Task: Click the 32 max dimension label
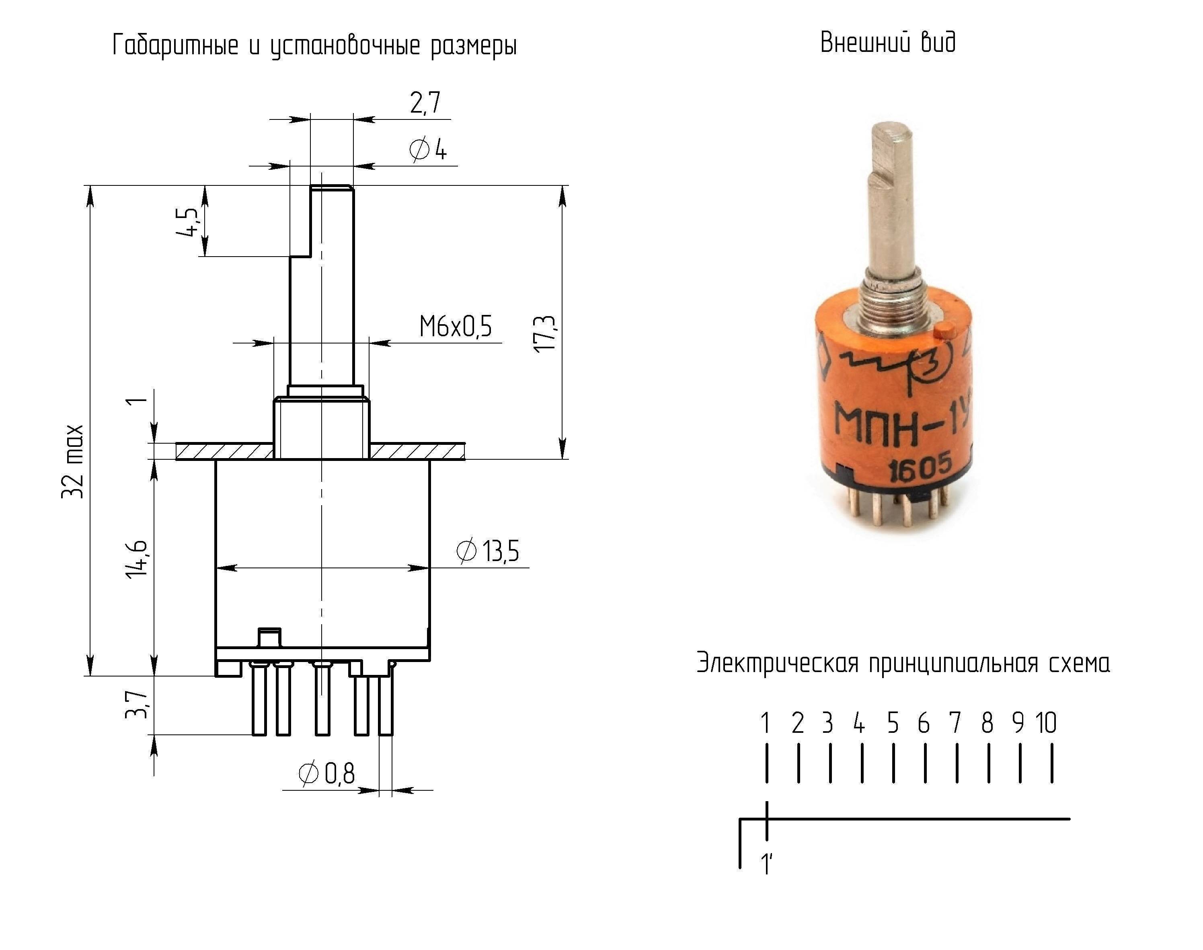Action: point(73,462)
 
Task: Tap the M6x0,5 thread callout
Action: point(455,327)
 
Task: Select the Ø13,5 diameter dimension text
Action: point(488,551)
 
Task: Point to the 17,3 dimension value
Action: point(545,333)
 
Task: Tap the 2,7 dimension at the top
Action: point(425,103)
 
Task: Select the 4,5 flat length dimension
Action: point(187,222)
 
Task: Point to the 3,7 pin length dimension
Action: point(137,705)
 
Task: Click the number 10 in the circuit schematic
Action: point(1046,723)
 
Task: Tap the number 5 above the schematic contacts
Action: point(893,723)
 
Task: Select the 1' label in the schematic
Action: point(767,864)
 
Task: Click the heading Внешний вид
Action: point(888,42)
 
